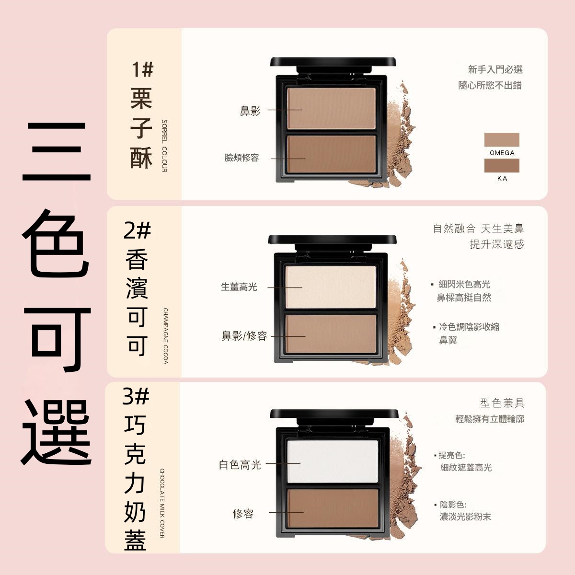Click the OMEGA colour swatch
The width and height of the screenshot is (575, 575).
coord(502,139)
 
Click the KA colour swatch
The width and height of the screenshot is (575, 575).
coord(502,165)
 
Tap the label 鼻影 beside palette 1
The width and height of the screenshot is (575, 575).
coord(250,111)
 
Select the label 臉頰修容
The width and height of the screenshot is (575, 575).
coord(241,158)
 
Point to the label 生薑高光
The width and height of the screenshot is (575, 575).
coord(239,287)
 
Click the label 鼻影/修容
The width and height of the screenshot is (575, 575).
coord(244,336)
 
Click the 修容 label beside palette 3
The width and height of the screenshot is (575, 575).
coord(243,514)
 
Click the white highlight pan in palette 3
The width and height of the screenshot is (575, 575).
coord(333,461)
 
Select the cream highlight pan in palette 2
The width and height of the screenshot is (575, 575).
coord(331,287)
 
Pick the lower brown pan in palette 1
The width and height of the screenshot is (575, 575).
coord(331,154)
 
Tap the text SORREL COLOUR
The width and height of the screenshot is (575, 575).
coord(164,146)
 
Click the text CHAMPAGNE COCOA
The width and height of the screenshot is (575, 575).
coord(166,336)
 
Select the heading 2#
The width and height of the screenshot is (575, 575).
coord(137,230)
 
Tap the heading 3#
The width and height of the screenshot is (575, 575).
coord(136,396)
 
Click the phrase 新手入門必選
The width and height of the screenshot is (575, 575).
coord(495,69)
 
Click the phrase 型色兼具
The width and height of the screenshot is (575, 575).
coord(502,403)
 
